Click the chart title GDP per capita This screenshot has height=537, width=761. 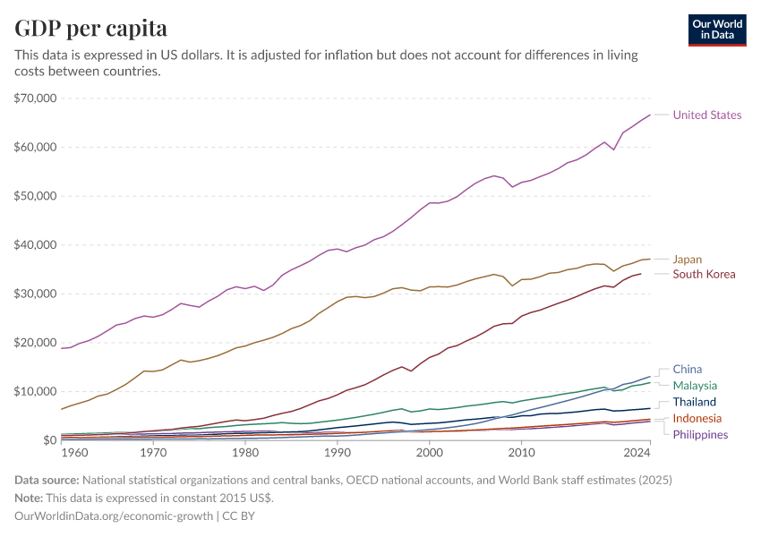coord(90,29)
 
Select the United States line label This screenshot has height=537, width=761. coord(707,115)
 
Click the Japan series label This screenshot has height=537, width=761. coord(688,260)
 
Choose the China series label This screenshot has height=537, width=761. coord(688,369)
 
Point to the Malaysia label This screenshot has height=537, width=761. coord(696,385)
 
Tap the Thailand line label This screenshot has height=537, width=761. coord(695,402)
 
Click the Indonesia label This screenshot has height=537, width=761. coord(697,418)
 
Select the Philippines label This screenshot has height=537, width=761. coord(700,434)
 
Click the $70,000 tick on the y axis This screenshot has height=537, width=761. coord(35,98)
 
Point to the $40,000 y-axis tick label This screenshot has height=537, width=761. coord(35,244)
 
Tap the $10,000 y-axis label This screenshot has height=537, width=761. coord(35,391)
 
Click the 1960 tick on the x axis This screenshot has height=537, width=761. coord(74,453)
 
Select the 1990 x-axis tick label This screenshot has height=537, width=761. coord(338,453)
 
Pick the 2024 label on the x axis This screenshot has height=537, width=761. coord(637,453)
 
